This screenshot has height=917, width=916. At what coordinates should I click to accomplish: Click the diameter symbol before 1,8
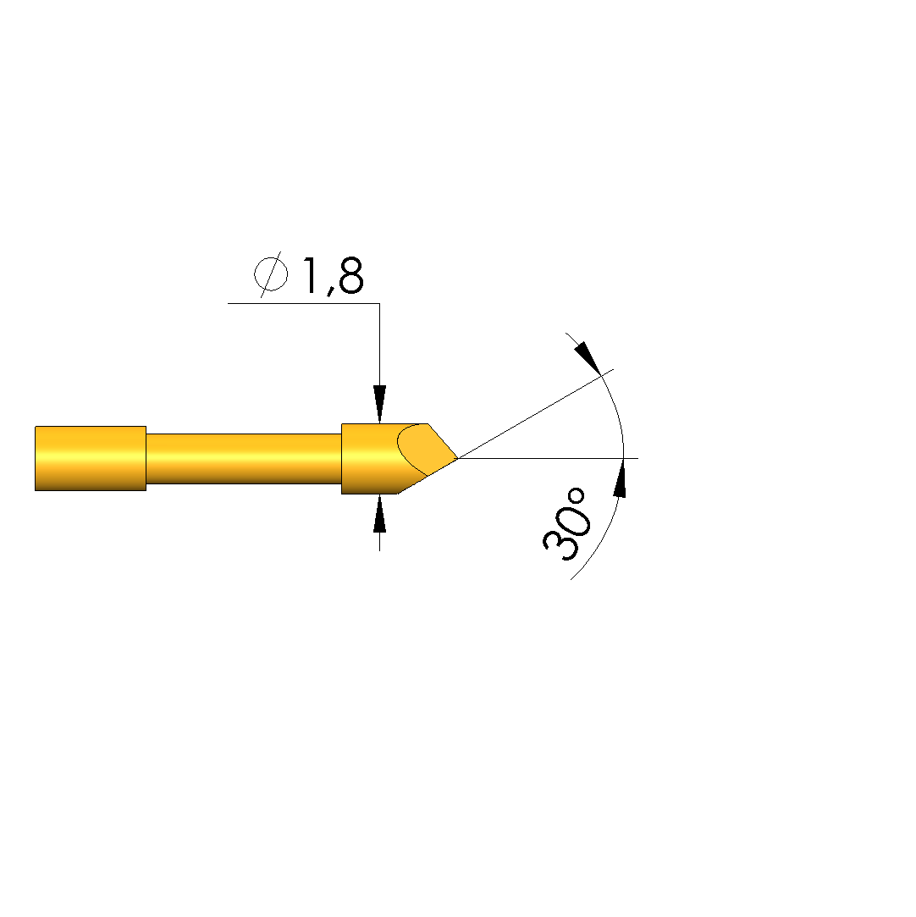tap(271, 273)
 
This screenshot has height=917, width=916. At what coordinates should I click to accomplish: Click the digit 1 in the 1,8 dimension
tap(310, 275)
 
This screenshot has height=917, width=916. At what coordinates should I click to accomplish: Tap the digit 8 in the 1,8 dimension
tap(350, 275)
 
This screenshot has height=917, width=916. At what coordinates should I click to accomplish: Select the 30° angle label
tap(566, 524)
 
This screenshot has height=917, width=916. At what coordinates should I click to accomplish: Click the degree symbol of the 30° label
tap(576, 496)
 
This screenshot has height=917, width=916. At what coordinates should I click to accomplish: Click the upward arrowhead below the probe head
tap(380, 513)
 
